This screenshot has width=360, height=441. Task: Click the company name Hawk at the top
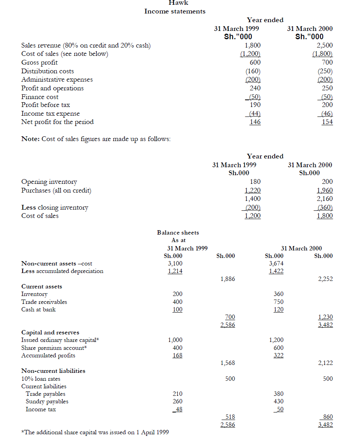178,3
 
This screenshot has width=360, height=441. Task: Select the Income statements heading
175,11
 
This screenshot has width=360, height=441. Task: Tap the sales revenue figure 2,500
326,46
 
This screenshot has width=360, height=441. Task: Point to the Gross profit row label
39,63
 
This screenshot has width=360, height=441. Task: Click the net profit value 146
255,122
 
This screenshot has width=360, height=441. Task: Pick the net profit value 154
327,122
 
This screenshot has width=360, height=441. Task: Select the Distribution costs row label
47,71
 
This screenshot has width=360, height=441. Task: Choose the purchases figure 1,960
325,191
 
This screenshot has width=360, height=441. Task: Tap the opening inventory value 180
255,182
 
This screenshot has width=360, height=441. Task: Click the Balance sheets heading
178,233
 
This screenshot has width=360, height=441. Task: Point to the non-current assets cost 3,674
276,263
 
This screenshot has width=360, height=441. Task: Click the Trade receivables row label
44,302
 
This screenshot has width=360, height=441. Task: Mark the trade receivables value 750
279,302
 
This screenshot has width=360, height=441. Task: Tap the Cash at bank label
38,309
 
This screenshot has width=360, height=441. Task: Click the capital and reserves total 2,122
325,363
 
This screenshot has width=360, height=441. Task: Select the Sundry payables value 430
279,402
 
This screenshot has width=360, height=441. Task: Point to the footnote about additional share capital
95,432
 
